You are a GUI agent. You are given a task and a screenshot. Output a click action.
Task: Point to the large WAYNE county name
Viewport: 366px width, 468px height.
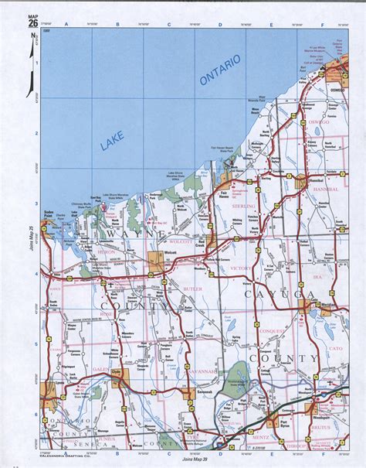(x=124, y=232)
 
